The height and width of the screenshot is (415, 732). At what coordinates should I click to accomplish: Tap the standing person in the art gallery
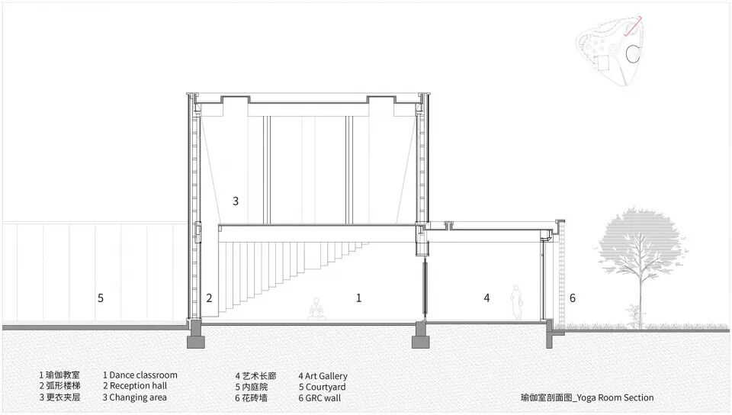pyautogui.click(x=517, y=302)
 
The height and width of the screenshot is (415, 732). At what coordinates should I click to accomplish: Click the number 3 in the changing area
pyautogui.click(x=236, y=201)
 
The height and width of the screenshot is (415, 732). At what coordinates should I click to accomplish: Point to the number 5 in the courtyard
pyautogui.click(x=100, y=298)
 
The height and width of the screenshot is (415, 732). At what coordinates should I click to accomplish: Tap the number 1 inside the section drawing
pyautogui.click(x=358, y=298)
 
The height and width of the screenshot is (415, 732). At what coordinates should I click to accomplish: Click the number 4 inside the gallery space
pyautogui.click(x=486, y=298)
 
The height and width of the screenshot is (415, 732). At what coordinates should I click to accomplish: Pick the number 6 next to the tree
pyautogui.click(x=572, y=298)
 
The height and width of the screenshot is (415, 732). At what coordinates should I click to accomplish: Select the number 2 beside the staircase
pyautogui.click(x=209, y=298)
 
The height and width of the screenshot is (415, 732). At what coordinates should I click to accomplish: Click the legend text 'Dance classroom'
pyautogui.click(x=143, y=375)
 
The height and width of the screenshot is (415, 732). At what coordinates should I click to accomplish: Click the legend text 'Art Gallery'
pyautogui.click(x=326, y=376)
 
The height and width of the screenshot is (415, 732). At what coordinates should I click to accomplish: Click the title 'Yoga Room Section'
pyautogui.click(x=615, y=397)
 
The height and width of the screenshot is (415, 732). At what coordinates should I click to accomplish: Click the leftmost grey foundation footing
pyautogui.click(x=196, y=336)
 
